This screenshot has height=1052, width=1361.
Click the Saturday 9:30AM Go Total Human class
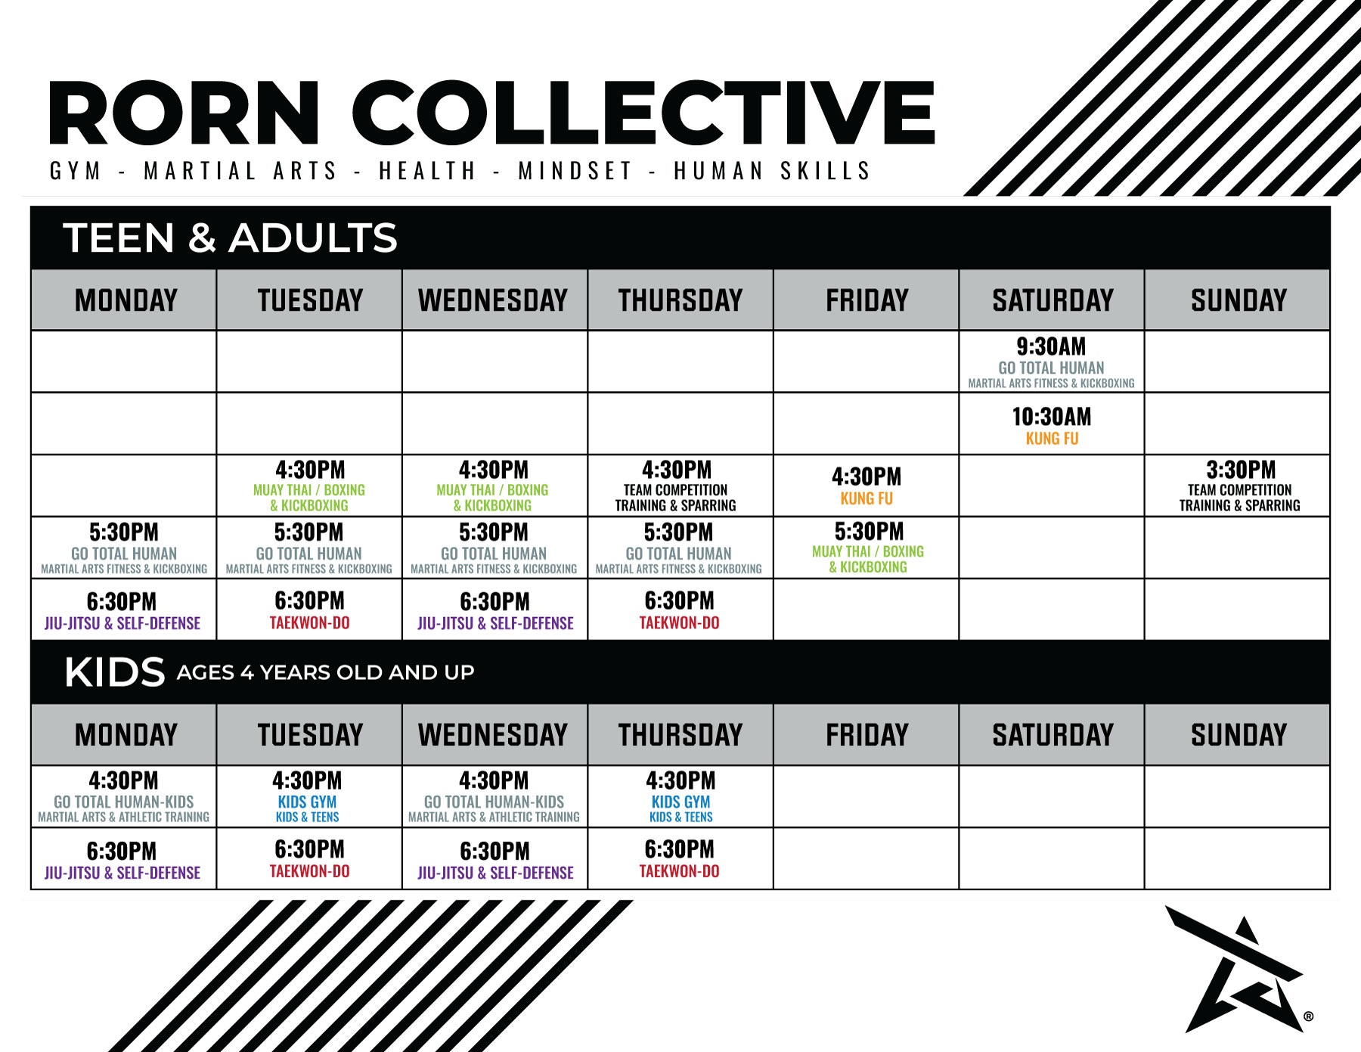(x=1051, y=362)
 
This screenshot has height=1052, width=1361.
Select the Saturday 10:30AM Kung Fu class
(x=1051, y=424)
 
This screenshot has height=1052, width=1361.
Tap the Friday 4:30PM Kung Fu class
(x=867, y=486)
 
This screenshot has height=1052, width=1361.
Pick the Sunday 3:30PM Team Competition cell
(x=1238, y=486)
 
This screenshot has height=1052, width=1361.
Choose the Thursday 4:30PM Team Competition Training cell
(x=680, y=486)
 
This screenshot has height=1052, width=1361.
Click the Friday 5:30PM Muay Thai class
(x=867, y=548)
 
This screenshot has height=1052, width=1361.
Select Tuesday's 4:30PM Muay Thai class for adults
(x=309, y=486)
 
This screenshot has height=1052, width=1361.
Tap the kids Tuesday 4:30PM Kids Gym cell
(x=309, y=796)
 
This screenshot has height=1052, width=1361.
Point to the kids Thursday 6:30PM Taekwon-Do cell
(x=680, y=858)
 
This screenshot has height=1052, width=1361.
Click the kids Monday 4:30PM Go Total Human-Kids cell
(x=124, y=796)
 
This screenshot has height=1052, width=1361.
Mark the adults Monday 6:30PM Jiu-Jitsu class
(x=124, y=610)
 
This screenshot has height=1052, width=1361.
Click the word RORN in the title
(x=184, y=113)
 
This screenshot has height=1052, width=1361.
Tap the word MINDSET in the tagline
(x=575, y=171)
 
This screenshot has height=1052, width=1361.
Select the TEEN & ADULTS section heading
(x=231, y=237)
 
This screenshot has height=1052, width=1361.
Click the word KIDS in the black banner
(x=115, y=672)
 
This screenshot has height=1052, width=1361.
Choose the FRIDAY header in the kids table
(x=867, y=734)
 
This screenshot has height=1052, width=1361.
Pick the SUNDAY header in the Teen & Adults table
(x=1239, y=300)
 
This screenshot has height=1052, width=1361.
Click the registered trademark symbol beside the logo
(x=1309, y=1017)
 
